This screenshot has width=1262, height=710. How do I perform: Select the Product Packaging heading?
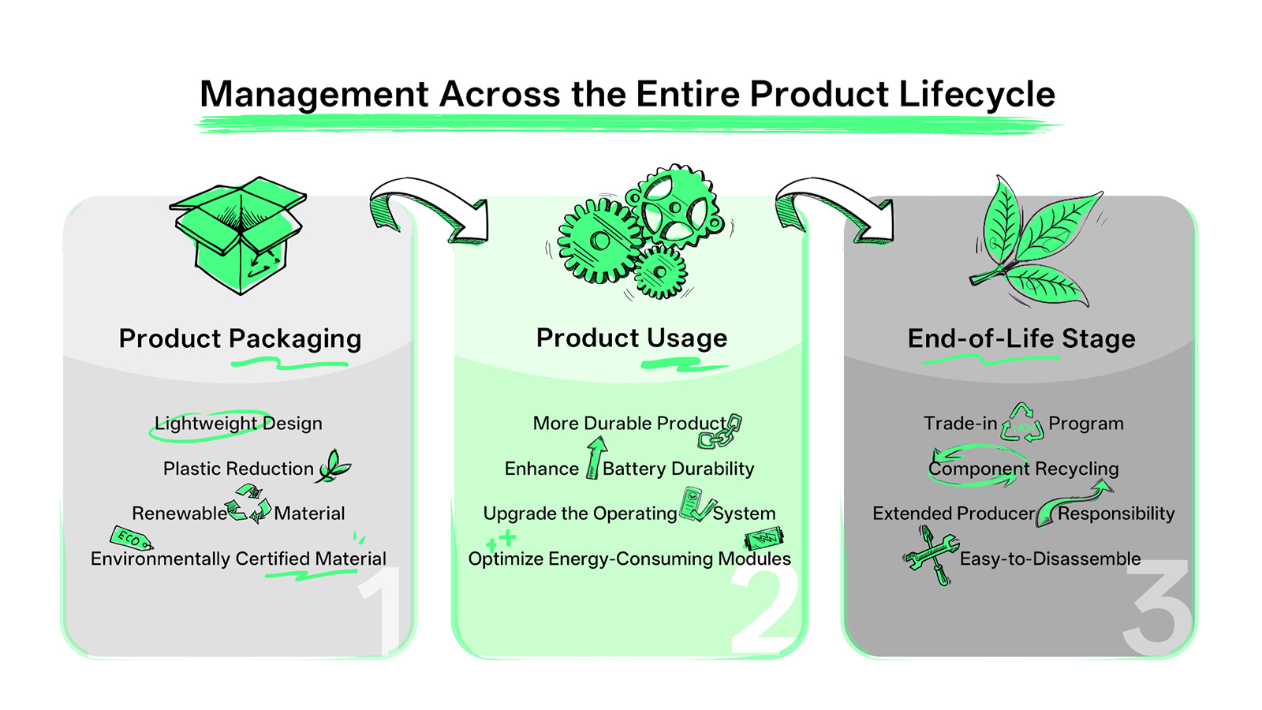click(240, 338)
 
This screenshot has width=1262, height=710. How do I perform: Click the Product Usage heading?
click(631, 338)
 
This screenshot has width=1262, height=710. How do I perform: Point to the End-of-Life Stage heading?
click(1021, 338)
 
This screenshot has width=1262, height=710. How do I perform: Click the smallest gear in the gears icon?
click(660, 272)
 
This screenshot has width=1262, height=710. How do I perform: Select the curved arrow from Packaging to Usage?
click(430, 208)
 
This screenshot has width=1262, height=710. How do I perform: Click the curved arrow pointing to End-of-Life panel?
click(836, 208)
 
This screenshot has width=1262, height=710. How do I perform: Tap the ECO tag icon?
click(130, 539)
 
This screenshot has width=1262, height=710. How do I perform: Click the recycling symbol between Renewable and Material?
click(249, 504)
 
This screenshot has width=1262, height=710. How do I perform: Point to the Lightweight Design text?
click(238, 424)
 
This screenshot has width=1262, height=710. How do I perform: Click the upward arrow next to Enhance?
click(596, 458)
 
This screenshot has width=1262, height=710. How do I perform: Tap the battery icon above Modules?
click(764, 539)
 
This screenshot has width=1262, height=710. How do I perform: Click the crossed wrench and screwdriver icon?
click(932, 555)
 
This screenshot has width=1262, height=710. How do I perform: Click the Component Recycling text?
click(1023, 469)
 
